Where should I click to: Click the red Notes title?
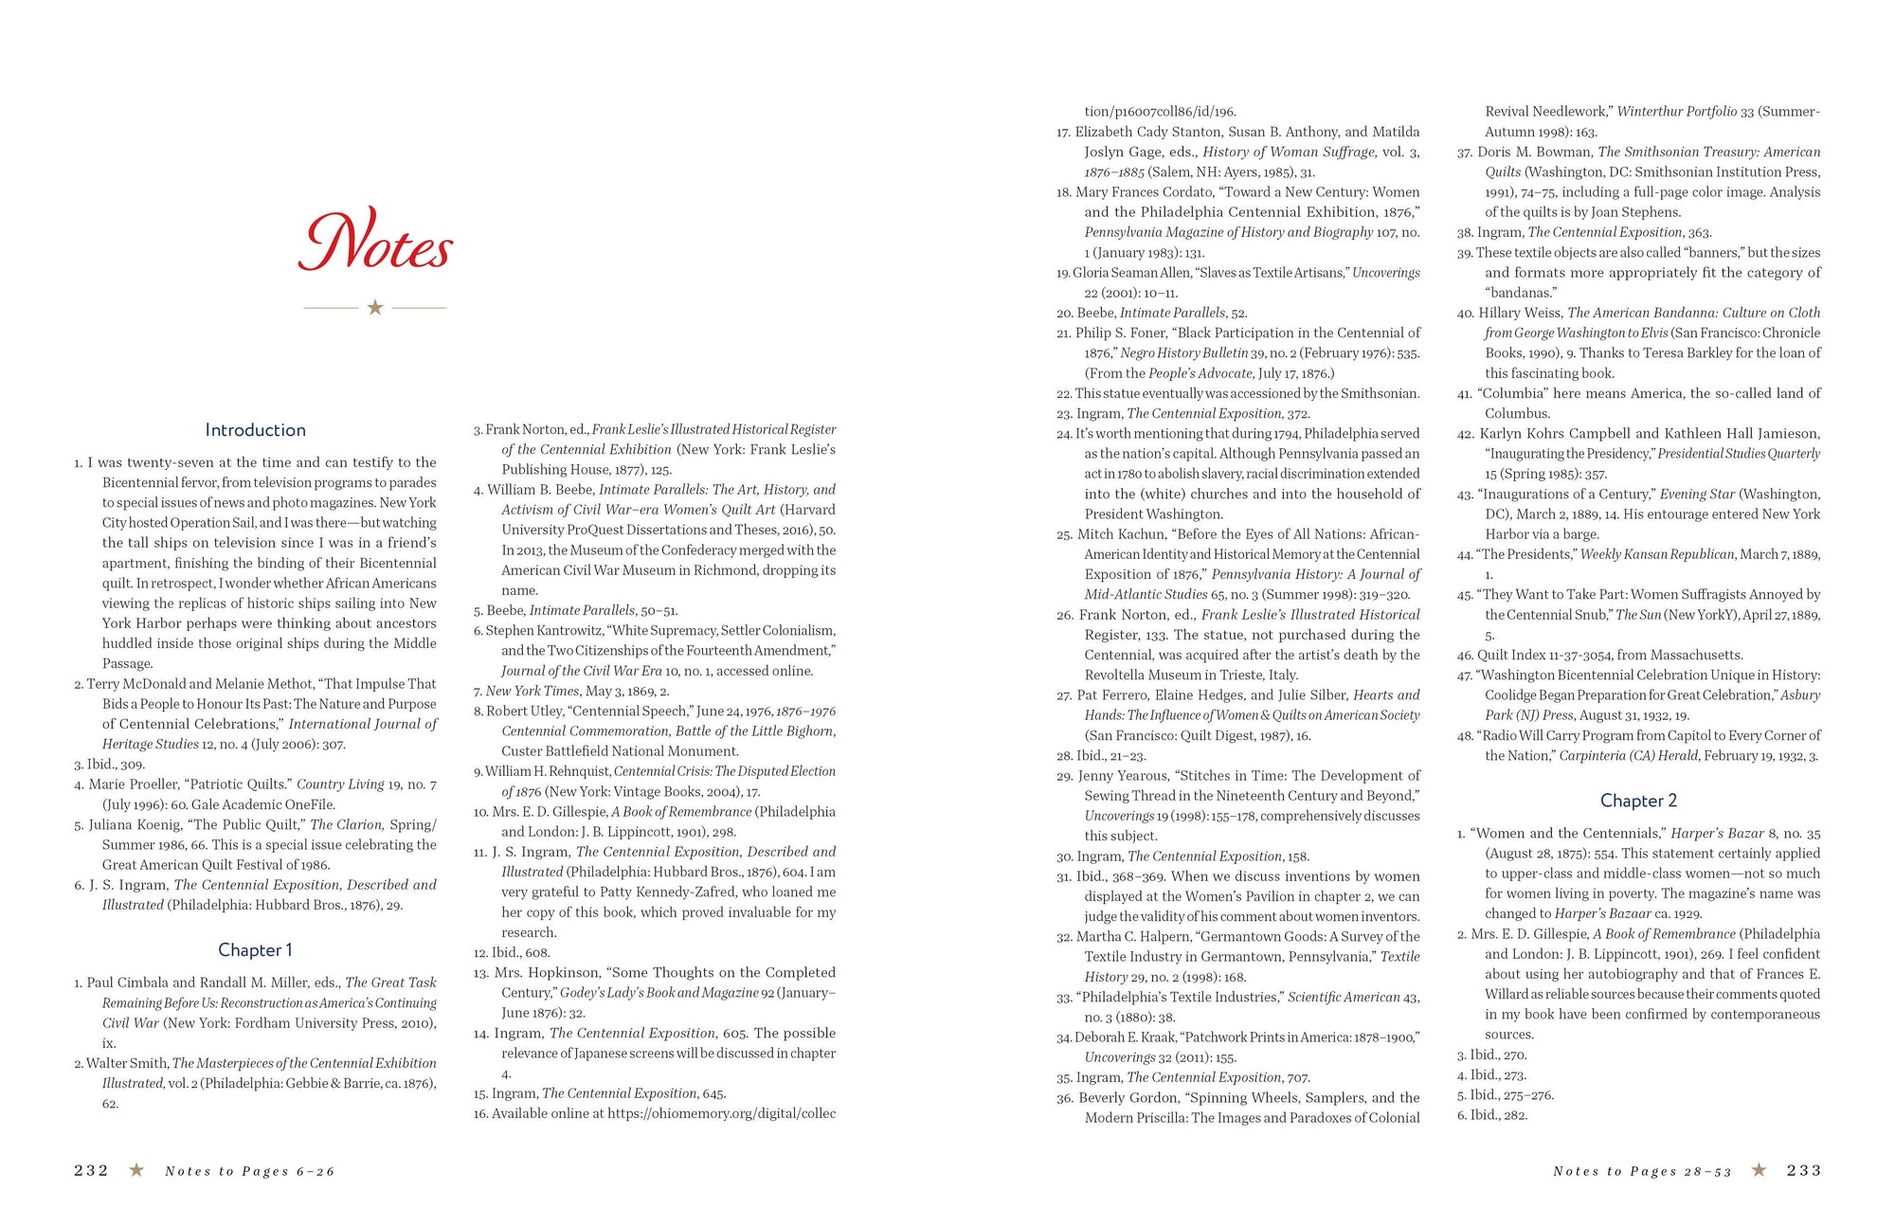point(375,243)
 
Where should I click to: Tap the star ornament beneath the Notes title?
point(375,308)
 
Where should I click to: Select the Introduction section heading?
point(255,430)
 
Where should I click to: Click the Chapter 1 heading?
point(255,950)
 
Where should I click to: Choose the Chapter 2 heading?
point(1638,801)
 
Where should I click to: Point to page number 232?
point(91,1171)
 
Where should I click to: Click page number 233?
point(1804,1171)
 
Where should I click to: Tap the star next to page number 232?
point(136,1171)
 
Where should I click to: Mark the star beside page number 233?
point(1760,1171)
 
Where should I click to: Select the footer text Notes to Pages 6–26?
point(250,1172)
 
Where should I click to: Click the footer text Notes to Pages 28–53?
point(1642,1172)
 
